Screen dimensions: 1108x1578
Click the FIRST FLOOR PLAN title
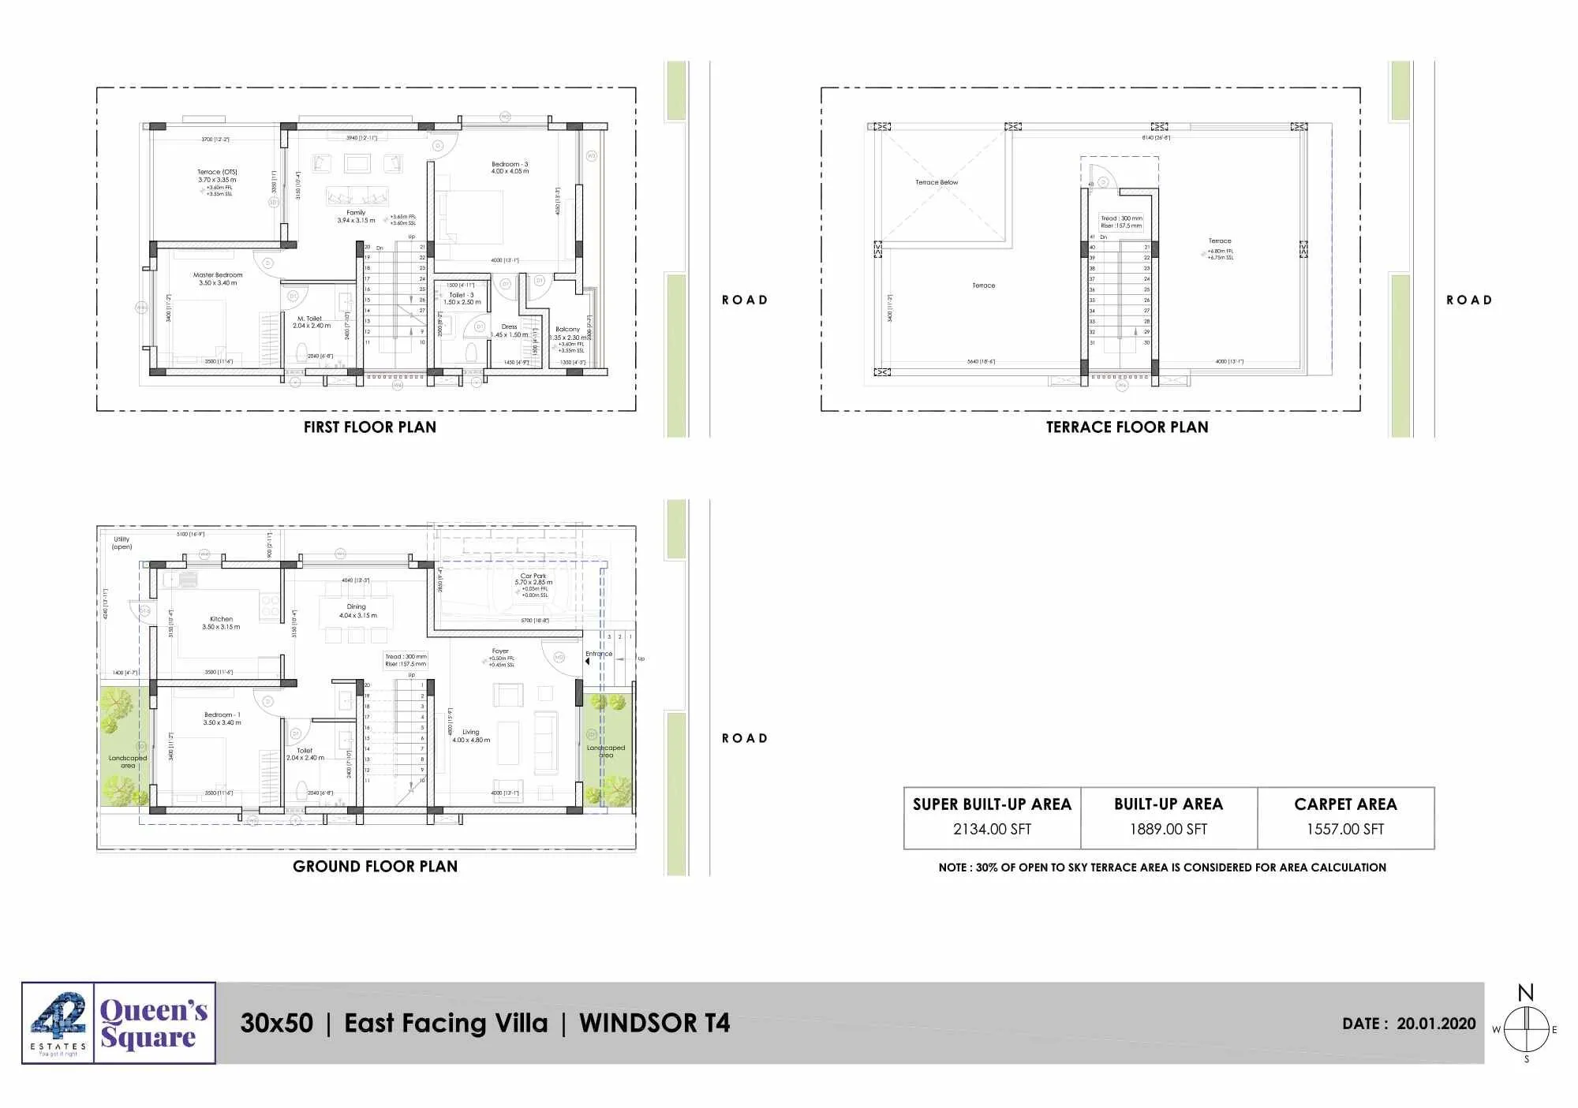[x=369, y=427]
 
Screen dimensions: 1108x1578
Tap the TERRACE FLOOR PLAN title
[x=1127, y=427]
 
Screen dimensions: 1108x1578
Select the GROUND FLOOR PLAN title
[x=375, y=866]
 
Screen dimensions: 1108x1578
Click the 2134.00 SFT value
[x=992, y=829]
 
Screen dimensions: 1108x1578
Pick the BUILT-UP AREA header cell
[x=1168, y=804]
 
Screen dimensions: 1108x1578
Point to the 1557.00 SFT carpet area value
[x=1345, y=829]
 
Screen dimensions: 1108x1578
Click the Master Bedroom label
[x=218, y=275]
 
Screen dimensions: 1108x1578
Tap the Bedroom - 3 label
[x=510, y=164]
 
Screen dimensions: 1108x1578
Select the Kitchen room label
[x=221, y=619]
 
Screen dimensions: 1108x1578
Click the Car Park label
[x=533, y=576]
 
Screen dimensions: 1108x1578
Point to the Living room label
[x=470, y=732]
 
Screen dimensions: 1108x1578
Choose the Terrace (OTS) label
[x=217, y=172]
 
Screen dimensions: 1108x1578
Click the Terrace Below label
[x=937, y=182]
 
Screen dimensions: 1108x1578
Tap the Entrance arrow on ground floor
[x=588, y=662]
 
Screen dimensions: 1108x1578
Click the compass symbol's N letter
[x=1526, y=992]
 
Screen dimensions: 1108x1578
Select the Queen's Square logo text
[x=154, y=1023]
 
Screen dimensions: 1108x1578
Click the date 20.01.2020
[x=1436, y=1024]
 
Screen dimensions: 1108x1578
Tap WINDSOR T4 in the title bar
[x=654, y=1023]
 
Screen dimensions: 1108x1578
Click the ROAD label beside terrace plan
[x=1468, y=300]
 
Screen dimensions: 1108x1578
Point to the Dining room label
[x=356, y=607]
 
